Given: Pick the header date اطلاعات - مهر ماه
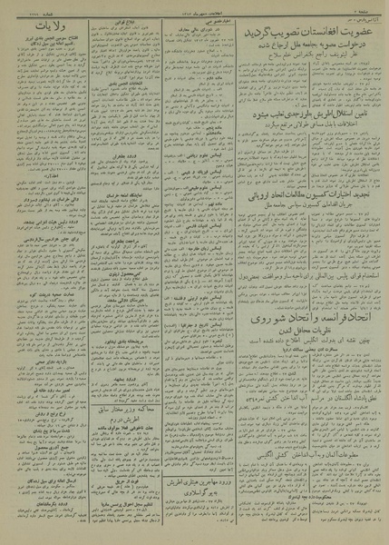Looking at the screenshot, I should coord(195,13).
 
